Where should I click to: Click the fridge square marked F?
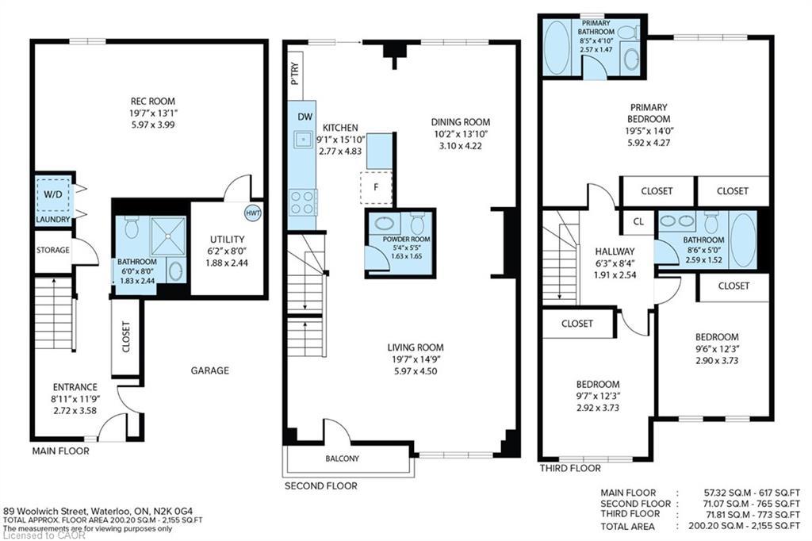(376, 188)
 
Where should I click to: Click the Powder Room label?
(405, 239)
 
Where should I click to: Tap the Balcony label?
(342, 459)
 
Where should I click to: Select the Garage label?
(209, 370)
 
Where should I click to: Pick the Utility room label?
(227, 239)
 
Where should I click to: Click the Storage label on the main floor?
(52, 250)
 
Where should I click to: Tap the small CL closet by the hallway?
(638, 221)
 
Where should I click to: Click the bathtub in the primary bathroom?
(557, 48)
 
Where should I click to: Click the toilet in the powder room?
(418, 221)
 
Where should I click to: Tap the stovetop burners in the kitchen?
(302, 202)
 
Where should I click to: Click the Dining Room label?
(461, 122)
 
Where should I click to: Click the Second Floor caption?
(320, 486)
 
